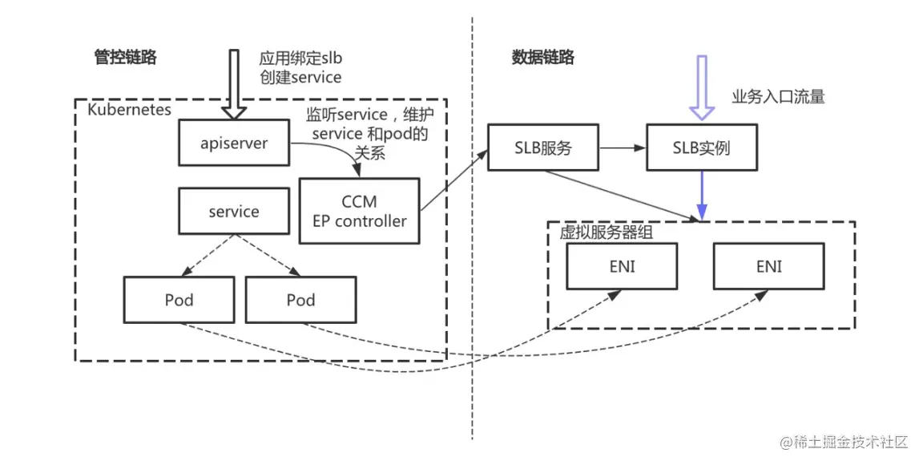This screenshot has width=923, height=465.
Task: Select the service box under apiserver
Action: coord(234,212)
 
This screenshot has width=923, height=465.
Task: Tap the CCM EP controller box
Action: coord(359,212)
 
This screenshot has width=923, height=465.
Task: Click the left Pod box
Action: coord(179,300)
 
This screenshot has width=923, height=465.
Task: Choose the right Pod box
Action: coord(300,300)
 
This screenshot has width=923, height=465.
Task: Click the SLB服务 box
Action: coord(542,148)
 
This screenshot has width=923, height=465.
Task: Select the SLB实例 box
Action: coord(701,148)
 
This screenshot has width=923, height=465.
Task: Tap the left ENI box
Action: coord(622,266)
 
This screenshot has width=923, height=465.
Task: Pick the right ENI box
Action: coord(768,266)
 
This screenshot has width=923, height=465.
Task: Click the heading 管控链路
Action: coord(125,58)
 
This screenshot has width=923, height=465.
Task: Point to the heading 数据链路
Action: coord(542,58)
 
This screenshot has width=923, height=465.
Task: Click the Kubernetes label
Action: coord(129,109)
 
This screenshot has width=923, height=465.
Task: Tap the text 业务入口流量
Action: coord(777,97)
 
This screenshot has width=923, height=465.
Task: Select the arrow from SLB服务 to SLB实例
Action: coord(621,148)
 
